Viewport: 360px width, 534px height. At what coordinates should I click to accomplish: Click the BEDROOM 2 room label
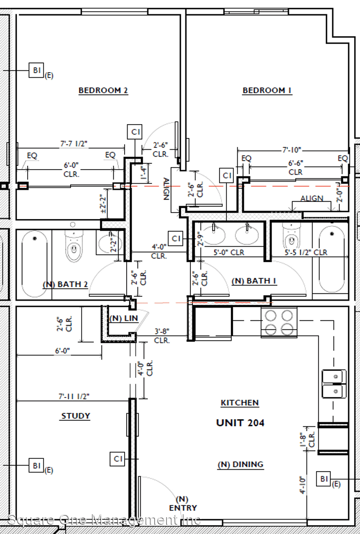[103, 90]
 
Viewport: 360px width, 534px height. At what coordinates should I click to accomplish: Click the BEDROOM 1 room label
[267, 90]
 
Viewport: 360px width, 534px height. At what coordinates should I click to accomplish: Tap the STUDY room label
[76, 416]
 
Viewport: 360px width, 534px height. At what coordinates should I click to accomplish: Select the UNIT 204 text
[240, 423]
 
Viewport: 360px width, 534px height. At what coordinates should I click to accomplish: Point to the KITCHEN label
[240, 403]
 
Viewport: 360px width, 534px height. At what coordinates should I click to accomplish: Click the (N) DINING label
[240, 464]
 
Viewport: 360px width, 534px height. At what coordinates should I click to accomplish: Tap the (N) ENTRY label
[183, 504]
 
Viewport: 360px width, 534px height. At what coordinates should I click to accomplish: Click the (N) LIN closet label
[124, 318]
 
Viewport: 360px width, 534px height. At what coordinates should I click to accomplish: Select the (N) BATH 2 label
[65, 284]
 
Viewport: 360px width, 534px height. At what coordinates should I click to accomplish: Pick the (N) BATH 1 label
[254, 281]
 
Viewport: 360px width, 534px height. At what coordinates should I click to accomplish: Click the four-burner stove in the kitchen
[279, 322]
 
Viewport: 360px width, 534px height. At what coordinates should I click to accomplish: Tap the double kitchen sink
[334, 384]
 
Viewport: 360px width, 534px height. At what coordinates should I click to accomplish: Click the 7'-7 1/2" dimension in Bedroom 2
[74, 144]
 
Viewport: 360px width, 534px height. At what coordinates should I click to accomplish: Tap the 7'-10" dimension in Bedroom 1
[292, 150]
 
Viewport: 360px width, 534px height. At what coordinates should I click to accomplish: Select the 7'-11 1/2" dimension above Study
[74, 397]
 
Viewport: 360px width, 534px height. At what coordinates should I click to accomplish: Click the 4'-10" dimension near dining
[303, 485]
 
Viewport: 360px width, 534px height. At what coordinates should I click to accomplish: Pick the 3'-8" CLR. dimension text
[162, 336]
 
